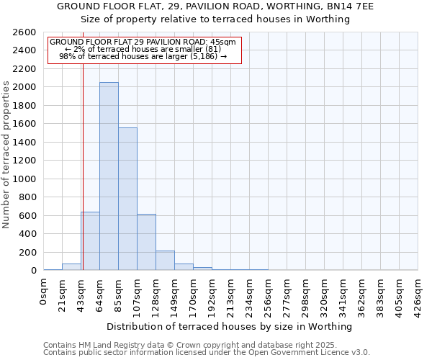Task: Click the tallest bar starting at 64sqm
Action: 109,176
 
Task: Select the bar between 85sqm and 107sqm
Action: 127,199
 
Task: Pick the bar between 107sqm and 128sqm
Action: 146,242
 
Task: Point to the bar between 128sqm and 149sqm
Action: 165,261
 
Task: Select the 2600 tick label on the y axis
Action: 25,32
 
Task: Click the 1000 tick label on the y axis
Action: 25,179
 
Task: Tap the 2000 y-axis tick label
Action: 25,87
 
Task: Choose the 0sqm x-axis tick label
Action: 44,292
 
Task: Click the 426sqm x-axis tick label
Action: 418,296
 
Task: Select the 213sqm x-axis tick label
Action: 230,296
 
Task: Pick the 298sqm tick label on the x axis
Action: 305,296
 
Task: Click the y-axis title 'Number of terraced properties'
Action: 7,155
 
